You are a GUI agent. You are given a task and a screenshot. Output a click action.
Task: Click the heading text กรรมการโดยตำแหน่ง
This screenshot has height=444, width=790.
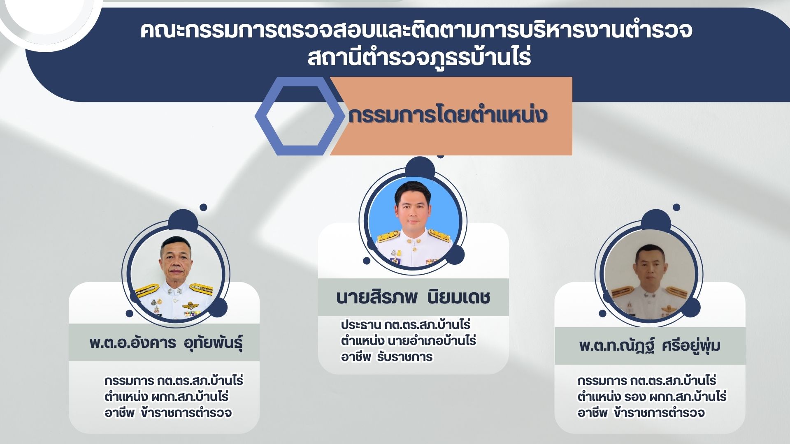tap(448, 116)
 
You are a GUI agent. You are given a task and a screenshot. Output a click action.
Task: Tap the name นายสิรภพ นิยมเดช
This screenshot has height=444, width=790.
tap(413, 297)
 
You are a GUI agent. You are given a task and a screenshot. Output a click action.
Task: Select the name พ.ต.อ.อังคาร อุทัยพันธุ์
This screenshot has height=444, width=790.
tap(166, 342)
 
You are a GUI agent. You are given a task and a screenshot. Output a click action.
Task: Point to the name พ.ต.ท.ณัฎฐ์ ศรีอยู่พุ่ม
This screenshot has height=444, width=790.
tap(650, 345)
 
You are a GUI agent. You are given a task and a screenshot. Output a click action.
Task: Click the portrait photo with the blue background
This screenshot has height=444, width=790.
tap(414, 222)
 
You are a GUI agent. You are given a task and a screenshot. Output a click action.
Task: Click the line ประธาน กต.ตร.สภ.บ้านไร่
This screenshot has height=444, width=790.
tap(405, 325)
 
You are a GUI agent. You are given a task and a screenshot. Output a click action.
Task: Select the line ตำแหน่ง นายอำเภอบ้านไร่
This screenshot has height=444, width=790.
tap(408, 341)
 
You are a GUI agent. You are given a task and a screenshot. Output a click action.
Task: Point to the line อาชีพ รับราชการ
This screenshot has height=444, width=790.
tap(387, 357)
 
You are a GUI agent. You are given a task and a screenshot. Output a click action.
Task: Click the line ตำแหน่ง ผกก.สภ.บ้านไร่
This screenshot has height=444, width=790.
tap(167, 397)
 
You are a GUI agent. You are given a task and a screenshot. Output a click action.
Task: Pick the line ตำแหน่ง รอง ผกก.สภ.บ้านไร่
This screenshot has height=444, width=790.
tap(652, 397)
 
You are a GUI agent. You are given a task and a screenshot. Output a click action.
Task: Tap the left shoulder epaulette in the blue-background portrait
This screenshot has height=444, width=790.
tap(389, 236)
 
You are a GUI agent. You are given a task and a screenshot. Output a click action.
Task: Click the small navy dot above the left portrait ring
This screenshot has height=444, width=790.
tap(203, 208)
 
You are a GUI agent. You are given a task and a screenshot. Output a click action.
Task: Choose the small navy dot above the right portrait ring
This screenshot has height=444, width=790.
tap(676, 208)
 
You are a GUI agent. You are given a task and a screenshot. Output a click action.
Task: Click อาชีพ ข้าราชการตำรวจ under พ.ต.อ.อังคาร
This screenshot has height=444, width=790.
tap(168, 412)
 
